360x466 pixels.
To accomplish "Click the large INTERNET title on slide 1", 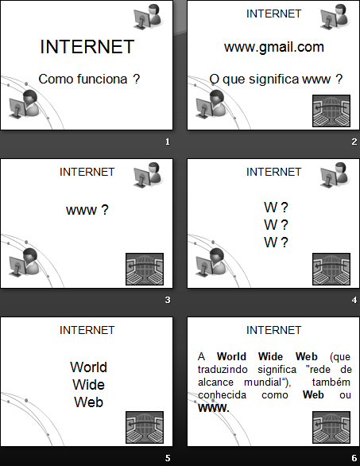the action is click(x=87, y=47).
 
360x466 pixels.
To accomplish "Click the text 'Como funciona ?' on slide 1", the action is click(x=89, y=79).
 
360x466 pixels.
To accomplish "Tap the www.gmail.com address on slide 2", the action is click(x=274, y=47).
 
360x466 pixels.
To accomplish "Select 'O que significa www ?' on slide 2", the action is click(x=276, y=79).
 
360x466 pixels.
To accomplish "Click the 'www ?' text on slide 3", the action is click(x=87, y=210).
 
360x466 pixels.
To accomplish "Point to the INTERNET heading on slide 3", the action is click(x=87, y=172).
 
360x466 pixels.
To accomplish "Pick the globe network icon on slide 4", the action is click(x=331, y=269).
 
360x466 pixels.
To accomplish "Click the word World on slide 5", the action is click(x=88, y=367).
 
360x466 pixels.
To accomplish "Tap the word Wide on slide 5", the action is click(x=88, y=385).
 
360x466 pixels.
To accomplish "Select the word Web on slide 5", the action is click(x=88, y=402).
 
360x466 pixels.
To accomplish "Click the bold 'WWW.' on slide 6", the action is click(x=214, y=408).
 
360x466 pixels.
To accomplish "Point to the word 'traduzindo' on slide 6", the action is click(x=223, y=370).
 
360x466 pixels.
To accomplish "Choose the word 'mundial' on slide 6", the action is click(x=262, y=383).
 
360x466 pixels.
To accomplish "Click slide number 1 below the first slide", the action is click(x=168, y=142).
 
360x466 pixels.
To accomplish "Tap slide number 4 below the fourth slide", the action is click(x=354, y=300).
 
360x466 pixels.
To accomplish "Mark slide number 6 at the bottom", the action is click(x=354, y=458).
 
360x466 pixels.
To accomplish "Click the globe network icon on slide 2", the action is click(x=331, y=111).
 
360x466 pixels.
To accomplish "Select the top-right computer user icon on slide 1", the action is click(x=148, y=17).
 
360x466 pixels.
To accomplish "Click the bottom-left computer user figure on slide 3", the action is click(x=24, y=262).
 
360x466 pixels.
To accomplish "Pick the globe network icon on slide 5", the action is click(x=145, y=427).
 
